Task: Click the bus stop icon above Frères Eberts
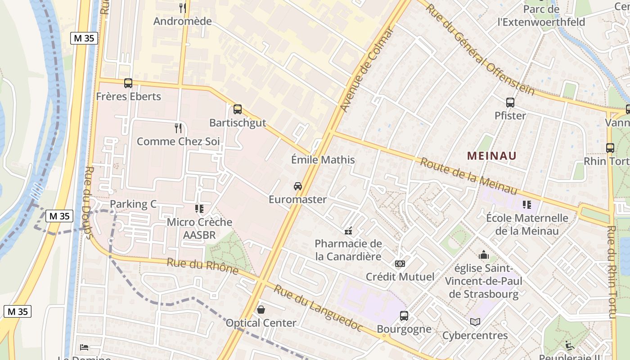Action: [x=128, y=83]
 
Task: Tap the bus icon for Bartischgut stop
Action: [x=238, y=109]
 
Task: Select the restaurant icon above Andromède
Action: [x=183, y=8]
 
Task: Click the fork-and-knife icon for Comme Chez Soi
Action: [x=178, y=128]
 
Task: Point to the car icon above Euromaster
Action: [x=297, y=186]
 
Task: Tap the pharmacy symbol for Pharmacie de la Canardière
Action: [x=348, y=231]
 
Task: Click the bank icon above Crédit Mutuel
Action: [x=400, y=264]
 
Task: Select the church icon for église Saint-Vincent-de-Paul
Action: [x=484, y=255]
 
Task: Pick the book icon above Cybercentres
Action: [x=475, y=322]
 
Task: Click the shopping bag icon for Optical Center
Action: [x=261, y=310]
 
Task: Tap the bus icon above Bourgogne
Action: [x=404, y=316]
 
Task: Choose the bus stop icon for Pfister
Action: [x=510, y=103]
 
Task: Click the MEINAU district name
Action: [x=491, y=156]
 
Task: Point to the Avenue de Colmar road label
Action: [x=366, y=70]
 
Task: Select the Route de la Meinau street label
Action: [x=468, y=176]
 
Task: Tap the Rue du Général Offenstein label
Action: [x=481, y=49]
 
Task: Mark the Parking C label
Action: [x=133, y=204]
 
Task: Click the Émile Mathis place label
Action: [x=323, y=160]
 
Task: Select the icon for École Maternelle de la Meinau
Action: [x=527, y=205]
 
